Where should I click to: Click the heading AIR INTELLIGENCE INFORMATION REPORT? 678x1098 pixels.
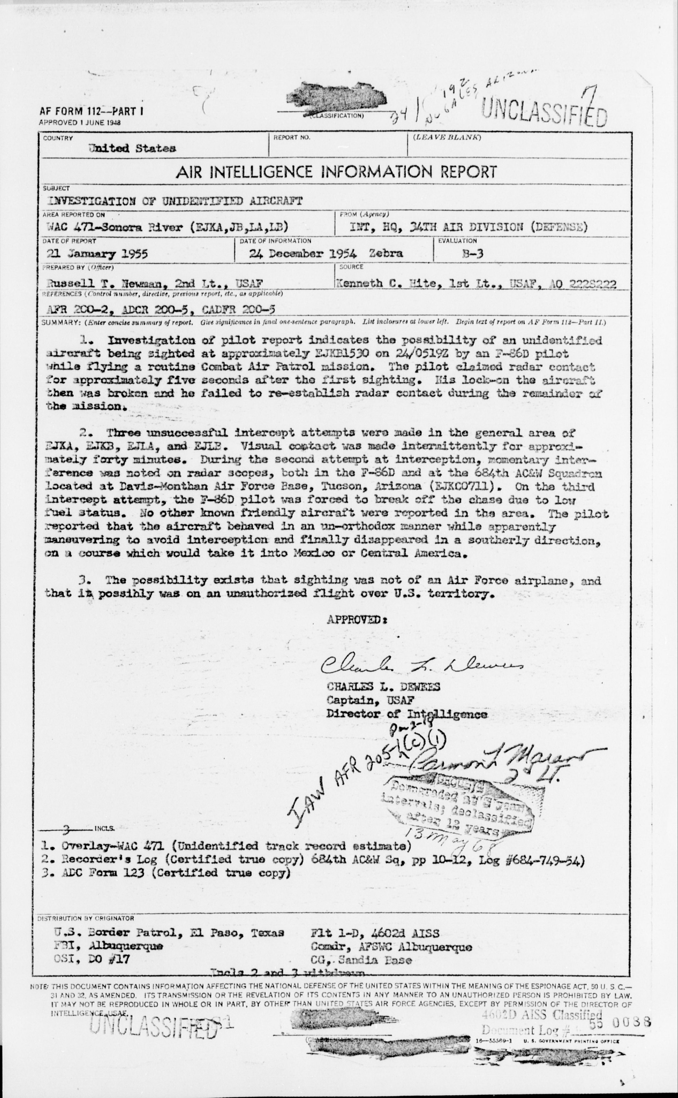click(336, 172)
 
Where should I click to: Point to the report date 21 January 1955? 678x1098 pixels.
click(97, 254)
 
